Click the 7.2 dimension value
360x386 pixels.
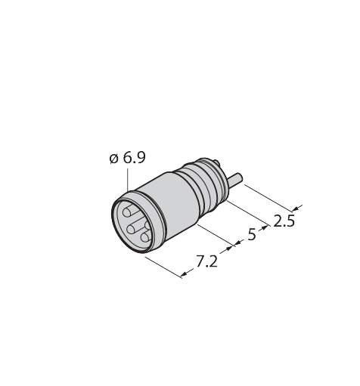(x=206, y=261)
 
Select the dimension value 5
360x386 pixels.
(x=252, y=234)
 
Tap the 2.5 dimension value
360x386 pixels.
(x=284, y=221)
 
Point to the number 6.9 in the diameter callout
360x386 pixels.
(x=135, y=158)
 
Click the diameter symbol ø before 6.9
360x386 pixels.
(x=114, y=159)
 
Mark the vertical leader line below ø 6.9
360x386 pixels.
(x=128, y=181)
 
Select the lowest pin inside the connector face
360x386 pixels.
(x=145, y=237)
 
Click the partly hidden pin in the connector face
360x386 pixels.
(x=147, y=224)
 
